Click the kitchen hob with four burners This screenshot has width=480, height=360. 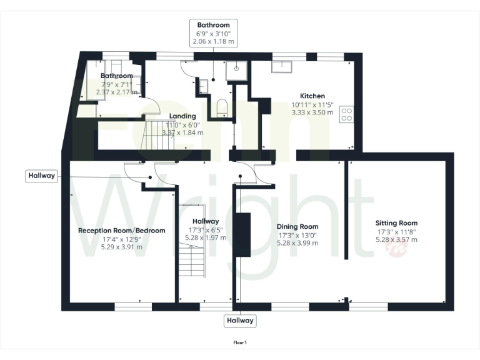(x=346, y=114)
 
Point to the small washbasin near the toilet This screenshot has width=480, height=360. (x=203, y=86)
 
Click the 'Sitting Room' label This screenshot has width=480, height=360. (x=396, y=222)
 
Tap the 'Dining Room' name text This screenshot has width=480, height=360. (x=298, y=226)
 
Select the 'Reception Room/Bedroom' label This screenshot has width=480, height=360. (x=121, y=230)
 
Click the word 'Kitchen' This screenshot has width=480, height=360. (x=312, y=96)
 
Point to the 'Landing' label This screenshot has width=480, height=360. (x=183, y=116)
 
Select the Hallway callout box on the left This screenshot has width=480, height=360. (x=41, y=176)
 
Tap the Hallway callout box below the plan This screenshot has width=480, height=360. (x=240, y=321)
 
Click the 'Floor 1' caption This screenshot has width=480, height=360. (x=240, y=342)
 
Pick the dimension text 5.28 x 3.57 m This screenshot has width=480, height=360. (x=396, y=239)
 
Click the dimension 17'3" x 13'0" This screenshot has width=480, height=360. (x=298, y=235)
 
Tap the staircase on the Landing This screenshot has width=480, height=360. (x=157, y=135)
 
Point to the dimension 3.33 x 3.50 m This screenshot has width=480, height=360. (x=312, y=112)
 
